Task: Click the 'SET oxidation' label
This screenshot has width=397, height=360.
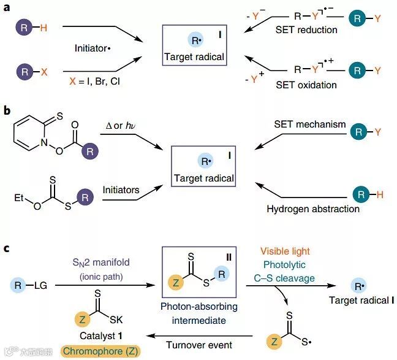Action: [x=307, y=85]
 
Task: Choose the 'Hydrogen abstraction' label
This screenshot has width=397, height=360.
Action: [x=312, y=209]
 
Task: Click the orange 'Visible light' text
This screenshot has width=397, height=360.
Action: [x=285, y=251]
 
